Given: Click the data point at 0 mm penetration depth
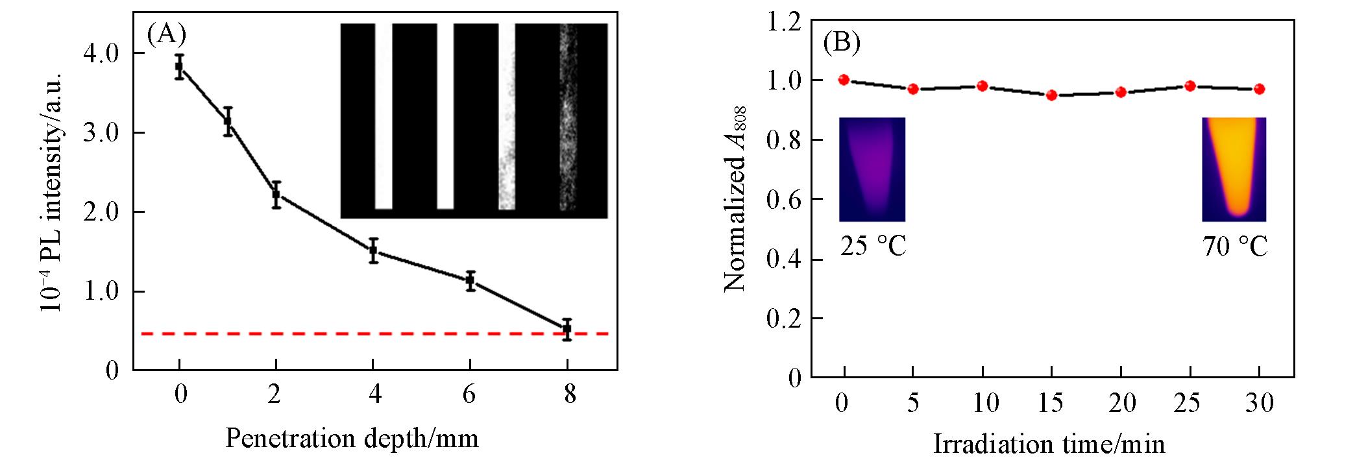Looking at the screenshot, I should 179,67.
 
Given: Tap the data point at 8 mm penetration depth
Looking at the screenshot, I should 567,329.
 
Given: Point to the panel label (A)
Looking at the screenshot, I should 167,34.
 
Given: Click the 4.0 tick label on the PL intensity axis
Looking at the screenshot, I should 101,53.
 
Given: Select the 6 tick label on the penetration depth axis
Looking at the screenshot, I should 470,395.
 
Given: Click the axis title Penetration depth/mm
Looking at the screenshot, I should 352,439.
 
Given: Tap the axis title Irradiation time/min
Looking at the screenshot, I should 1049,444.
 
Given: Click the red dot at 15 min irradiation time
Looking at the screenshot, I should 1052,95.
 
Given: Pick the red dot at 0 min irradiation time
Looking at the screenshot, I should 844,80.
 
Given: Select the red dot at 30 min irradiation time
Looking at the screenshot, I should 1260,89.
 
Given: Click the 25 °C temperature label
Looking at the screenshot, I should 873,247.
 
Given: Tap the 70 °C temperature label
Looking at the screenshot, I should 1235,247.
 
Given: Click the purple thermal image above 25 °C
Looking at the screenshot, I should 872,169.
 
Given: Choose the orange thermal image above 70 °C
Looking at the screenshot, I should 1234,169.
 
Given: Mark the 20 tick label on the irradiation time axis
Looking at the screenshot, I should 1121,404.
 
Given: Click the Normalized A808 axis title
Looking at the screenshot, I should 736,199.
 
